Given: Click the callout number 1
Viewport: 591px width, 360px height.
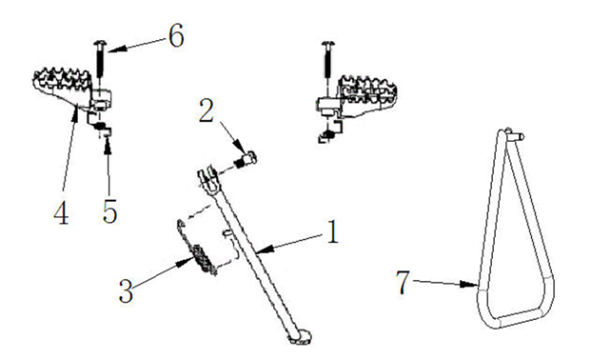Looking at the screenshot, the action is pyautogui.click(x=332, y=231).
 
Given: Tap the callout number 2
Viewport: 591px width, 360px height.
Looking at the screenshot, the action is pyautogui.click(x=207, y=110).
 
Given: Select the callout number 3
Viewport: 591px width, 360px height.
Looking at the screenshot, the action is pyautogui.click(x=126, y=290).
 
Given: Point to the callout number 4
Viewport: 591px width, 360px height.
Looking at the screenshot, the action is pyautogui.click(x=61, y=212).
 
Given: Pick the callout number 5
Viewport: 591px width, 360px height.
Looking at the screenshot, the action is pyautogui.click(x=110, y=210).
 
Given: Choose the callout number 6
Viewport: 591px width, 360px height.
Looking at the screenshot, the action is pyautogui.click(x=176, y=35).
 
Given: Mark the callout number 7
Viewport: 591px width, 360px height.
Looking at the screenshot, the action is pyautogui.click(x=403, y=283).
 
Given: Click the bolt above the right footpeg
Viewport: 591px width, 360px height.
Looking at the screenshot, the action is pyautogui.click(x=328, y=60).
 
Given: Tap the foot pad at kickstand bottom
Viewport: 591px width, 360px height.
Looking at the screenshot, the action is pyautogui.click(x=301, y=337).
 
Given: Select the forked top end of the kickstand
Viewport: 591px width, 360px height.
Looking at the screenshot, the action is pyautogui.click(x=207, y=180).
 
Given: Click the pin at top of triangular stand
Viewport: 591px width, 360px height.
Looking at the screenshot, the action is pyautogui.click(x=515, y=134).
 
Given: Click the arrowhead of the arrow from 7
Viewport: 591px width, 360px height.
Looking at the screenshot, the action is pyautogui.click(x=470, y=285).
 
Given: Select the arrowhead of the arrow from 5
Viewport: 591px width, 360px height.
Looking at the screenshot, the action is pyautogui.click(x=108, y=144).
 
